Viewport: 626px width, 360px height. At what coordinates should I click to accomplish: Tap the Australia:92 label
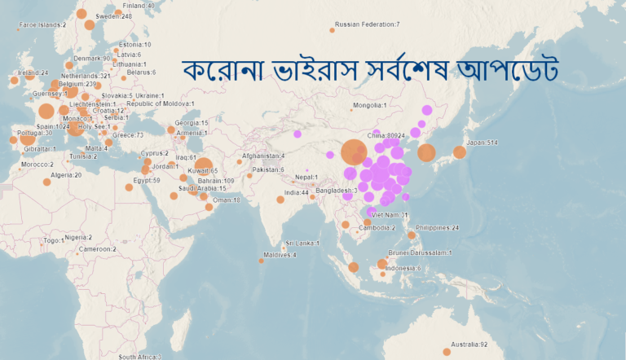[470, 345]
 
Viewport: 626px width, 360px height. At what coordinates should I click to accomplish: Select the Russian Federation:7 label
[367, 24]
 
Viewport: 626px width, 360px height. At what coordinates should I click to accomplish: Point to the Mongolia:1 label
[369, 105]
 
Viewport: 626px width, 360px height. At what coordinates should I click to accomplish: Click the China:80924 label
[386, 135]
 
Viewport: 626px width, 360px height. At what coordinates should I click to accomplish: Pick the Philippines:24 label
[437, 228]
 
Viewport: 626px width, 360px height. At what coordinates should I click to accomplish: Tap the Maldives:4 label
[280, 255]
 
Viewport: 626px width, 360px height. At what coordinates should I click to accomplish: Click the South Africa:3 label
[139, 357]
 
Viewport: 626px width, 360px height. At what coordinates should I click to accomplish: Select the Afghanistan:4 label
[263, 156]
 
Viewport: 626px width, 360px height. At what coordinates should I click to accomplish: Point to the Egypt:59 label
[145, 180]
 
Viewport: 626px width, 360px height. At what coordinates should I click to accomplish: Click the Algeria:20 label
[67, 174]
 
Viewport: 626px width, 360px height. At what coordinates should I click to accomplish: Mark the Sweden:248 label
[113, 15]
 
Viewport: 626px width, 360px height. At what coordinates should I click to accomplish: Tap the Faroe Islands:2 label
[42, 24]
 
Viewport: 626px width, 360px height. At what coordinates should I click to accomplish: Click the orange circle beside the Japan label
[459, 152]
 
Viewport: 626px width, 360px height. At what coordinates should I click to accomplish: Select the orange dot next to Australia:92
[447, 352]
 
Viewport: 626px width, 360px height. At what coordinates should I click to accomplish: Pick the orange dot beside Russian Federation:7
[333, 30]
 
